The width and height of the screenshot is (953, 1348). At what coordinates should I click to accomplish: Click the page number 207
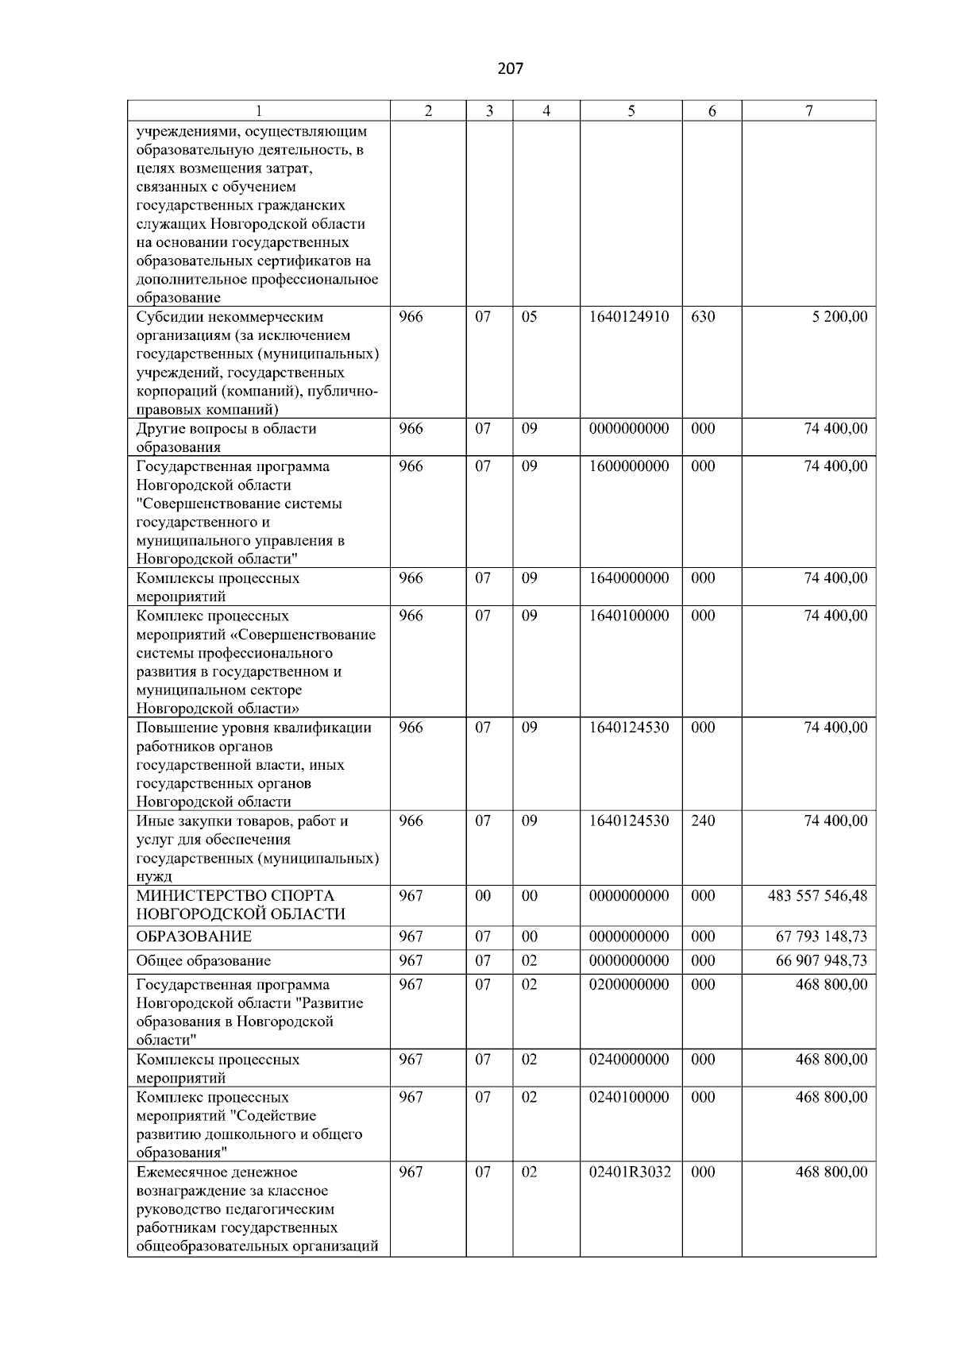(x=510, y=68)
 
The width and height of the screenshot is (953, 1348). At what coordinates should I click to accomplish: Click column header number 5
(x=631, y=111)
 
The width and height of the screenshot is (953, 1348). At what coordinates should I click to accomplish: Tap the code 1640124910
(x=629, y=317)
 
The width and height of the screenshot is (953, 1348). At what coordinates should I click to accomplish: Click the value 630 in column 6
(x=703, y=317)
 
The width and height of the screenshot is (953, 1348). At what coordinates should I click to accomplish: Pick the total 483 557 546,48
(x=817, y=896)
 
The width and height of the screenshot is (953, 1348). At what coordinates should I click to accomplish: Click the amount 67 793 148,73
(x=821, y=937)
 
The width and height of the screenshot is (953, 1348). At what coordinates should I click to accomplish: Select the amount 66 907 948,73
(x=821, y=960)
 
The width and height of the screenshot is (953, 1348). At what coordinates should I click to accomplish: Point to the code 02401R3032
(x=630, y=1172)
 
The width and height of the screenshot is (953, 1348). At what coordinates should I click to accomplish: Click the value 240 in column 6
(x=703, y=821)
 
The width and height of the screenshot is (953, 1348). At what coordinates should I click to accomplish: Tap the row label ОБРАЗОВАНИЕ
(x=194, y=937)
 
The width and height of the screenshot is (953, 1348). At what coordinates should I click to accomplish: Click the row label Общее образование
(x=203, y=960)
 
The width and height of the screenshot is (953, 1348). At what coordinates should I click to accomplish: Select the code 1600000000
(x=629, y=466)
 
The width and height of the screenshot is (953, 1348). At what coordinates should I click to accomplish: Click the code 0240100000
(x=629, y=1097)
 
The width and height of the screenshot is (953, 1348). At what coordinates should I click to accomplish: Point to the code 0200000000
(x=629, y=984)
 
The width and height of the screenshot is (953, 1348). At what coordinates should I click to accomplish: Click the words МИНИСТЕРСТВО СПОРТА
(x=235, y=896)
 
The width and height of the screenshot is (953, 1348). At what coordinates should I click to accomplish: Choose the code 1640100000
(x=629, y=616)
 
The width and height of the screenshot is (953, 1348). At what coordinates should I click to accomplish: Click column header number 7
(x=808, y=111)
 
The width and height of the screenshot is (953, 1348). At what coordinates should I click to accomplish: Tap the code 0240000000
(x=629, y=1060)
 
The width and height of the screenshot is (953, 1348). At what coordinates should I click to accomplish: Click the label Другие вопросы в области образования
(x=226, y=438)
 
